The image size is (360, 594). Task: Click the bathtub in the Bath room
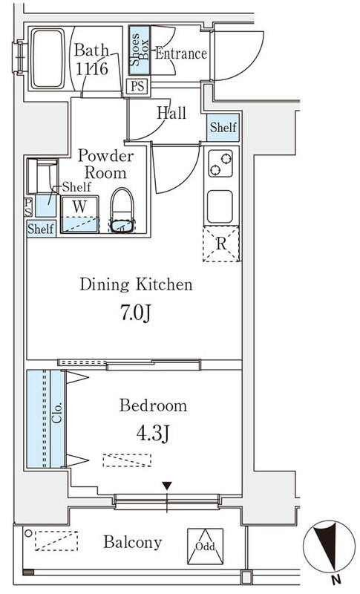(48, 59)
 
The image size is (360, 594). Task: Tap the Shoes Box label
(140, 50)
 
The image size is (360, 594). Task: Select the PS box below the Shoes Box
(137, 86)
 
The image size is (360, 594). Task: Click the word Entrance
(181, 53)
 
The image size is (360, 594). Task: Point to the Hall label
(171, 113)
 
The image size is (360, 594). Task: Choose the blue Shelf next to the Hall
(223, 127)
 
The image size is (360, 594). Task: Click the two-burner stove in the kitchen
(220, 163)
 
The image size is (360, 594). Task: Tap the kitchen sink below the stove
(220, 206)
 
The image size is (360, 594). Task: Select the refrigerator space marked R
(221, 244)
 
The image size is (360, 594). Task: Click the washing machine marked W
(80, 214)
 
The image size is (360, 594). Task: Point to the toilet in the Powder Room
(122, 210)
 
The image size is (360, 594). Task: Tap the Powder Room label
(105, 164)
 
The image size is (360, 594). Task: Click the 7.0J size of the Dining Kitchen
(136, 313)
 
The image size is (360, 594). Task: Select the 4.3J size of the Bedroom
(153, 434)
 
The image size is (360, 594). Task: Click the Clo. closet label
(57, 413)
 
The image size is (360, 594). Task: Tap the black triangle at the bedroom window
(167, 486)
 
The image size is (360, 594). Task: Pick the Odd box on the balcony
(205, 546)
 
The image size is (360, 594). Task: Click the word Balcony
(133, 543)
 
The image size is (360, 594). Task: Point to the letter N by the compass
(336, 579)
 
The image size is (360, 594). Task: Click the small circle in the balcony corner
(28, 533)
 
